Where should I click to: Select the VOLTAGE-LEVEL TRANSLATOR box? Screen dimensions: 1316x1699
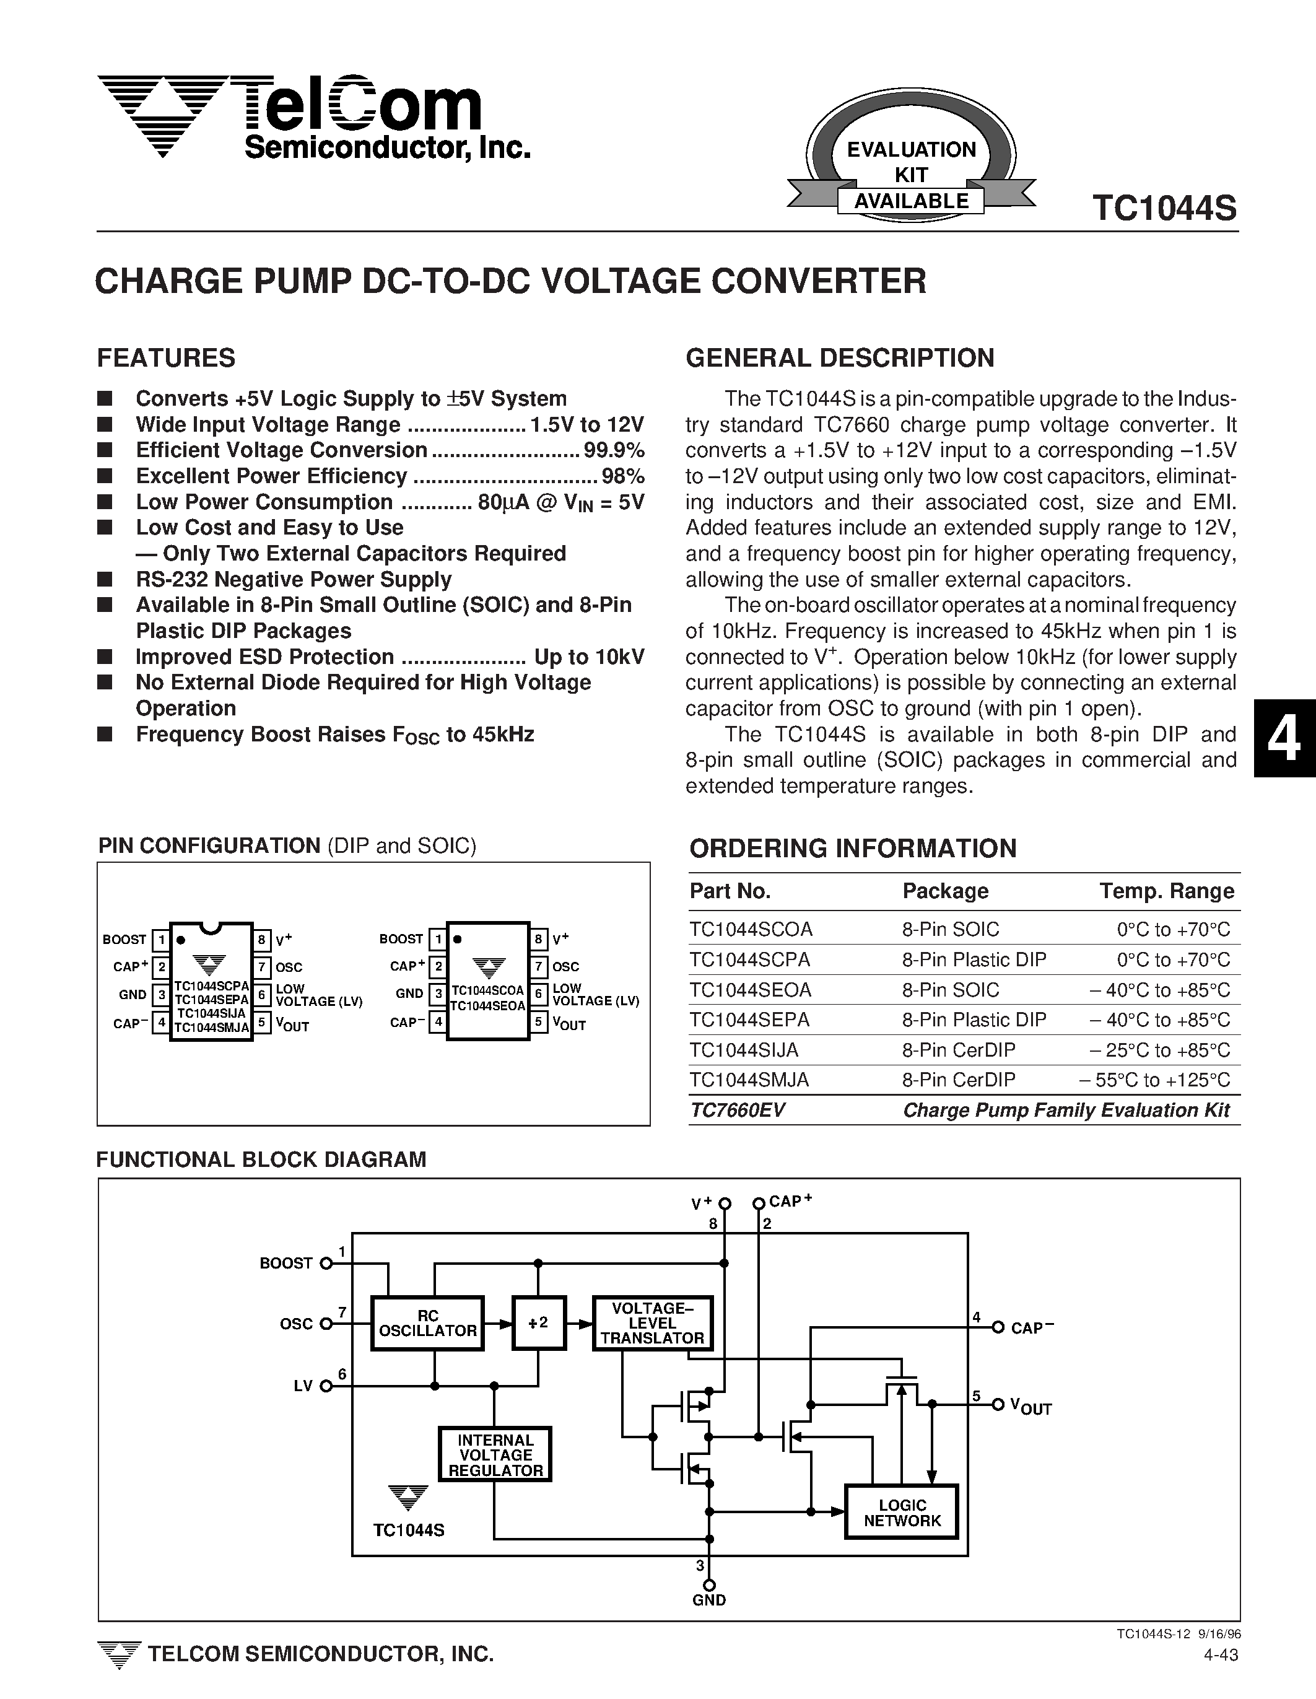click(x=651, y=1322)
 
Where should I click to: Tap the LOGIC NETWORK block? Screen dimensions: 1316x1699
click(x=902, y=1513)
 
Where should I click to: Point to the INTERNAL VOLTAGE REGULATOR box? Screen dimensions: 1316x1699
click(x=495, y=1456)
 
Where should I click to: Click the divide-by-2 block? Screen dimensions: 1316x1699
click(x=538, y=1322)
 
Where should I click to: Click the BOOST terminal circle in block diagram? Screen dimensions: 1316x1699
click(x=326, y=1264)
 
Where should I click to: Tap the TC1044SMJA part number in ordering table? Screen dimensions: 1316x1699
click(x=749, y=1080)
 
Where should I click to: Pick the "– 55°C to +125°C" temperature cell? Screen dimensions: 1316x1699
click(x=1154, y=1080)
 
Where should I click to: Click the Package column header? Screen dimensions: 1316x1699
click(x=945, y=891)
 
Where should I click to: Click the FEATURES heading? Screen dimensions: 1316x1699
click(x=166, y=358)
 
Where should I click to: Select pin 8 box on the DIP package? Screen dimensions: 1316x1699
click(x=263, y=939)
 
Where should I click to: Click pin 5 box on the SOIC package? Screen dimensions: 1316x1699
click(x=538, y=1022)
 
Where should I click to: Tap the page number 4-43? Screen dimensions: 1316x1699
click(x=1221, y=1654)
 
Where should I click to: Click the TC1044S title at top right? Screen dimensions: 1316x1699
click(x=1164, y=209)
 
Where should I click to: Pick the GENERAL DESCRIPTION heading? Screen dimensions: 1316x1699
click(x=839, y=358)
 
